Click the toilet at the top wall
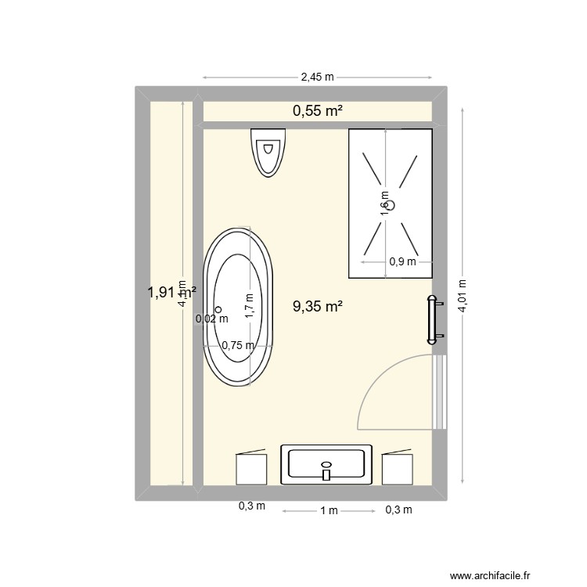[x=268, y=150]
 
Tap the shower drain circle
[x=393, y=205]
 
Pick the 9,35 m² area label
[x=318, y=307]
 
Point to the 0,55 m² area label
[x=318, y=112]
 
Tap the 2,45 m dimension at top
[x=317, y=77]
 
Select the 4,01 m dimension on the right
[x=463, y=297]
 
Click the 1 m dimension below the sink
[x=328, y=511]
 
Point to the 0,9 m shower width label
[x=402, y=262]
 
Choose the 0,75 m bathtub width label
[x=238, y=345]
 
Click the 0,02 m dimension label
[x=212, y=319]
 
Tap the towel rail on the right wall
[x=432, y=319]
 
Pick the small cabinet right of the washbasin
[x=398, y=468]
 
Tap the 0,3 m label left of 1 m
[x=252, y=506]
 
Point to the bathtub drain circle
[x=219, y=309]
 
